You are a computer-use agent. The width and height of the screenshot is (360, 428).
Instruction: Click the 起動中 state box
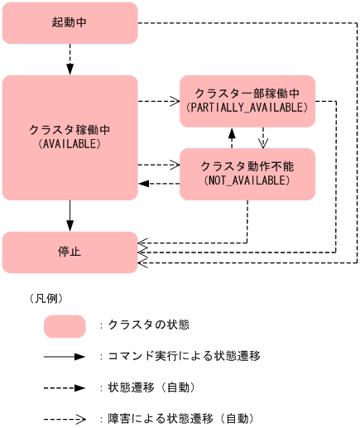coord(70,22)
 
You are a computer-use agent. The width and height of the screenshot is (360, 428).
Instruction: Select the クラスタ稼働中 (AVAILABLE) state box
coord(70,137)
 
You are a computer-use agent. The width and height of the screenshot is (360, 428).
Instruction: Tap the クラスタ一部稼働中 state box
coord(247,100)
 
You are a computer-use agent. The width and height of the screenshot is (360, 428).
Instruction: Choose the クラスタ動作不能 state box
coord(247,174)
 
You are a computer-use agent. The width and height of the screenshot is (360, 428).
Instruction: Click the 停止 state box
coord(70,252)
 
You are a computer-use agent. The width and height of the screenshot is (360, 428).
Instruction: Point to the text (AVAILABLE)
coord(70,144)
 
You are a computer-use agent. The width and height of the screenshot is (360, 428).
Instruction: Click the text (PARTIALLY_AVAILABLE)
coord(247,108)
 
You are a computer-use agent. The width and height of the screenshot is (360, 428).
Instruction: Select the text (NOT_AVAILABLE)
coord(247,180)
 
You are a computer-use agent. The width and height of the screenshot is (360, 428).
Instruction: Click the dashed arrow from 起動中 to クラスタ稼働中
coord(70,59)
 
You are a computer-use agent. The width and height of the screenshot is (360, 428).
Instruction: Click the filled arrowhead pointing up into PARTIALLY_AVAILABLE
coord(233,132)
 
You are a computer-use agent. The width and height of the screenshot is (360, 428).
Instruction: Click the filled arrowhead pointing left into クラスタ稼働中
coord(144,183)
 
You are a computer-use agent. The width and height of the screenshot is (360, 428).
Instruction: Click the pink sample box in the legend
coord(65,326)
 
